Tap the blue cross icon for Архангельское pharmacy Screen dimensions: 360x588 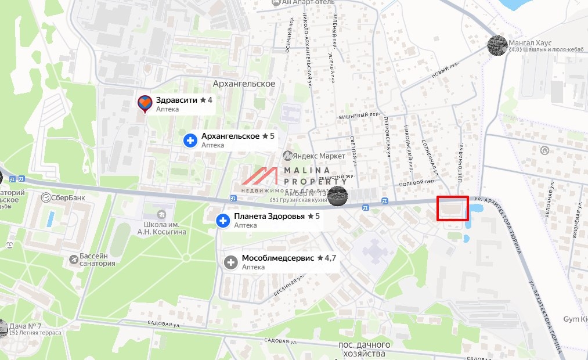pos(190,141)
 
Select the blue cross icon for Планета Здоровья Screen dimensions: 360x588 pos(222,221)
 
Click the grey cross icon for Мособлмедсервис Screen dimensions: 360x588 pos(230,262)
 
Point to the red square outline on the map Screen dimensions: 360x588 pos(453,209)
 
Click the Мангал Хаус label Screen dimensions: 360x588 pos(530,42)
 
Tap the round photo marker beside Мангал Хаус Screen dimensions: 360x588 pos(496,45)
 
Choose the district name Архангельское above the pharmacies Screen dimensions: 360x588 pos(244,84)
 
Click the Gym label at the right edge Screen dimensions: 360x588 pos(575,319)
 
